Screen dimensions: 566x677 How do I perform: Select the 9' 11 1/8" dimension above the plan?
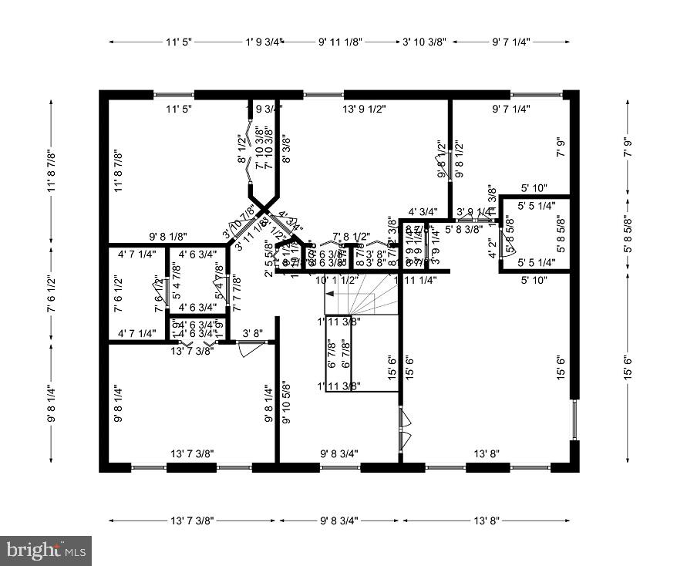coord(340,42)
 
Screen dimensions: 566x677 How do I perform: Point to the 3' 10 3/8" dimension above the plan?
coord(424,42)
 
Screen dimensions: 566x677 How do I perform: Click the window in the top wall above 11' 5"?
coord(174,95)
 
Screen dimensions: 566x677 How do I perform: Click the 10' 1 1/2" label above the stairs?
coord(337,281)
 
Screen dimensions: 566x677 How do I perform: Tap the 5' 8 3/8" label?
coord(463,229)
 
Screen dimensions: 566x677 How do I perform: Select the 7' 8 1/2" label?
coord(351,237)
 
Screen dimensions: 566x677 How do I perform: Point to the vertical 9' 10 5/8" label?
coord(286,403)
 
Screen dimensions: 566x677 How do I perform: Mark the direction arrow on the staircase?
coord(328,294)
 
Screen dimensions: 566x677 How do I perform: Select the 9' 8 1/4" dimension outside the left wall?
coord(52,403)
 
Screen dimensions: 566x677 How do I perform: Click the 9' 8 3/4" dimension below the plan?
coord(339,521)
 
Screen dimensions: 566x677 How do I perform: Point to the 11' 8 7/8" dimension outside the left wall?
coord(52,170)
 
